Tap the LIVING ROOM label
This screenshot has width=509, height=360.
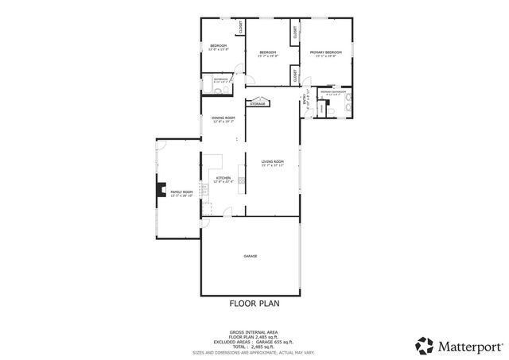point(272,161)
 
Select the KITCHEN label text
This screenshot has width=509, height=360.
point(223,178)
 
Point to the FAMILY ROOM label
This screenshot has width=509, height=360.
point(182,192)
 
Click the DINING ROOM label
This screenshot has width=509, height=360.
point(223,118)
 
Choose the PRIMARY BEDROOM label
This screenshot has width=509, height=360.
point(325,52)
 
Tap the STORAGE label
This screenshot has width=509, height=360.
point(258,103)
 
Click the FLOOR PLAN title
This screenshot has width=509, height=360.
point(254,303)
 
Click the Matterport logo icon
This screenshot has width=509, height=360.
point(424,344)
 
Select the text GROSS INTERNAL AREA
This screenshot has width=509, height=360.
point(254,331)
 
